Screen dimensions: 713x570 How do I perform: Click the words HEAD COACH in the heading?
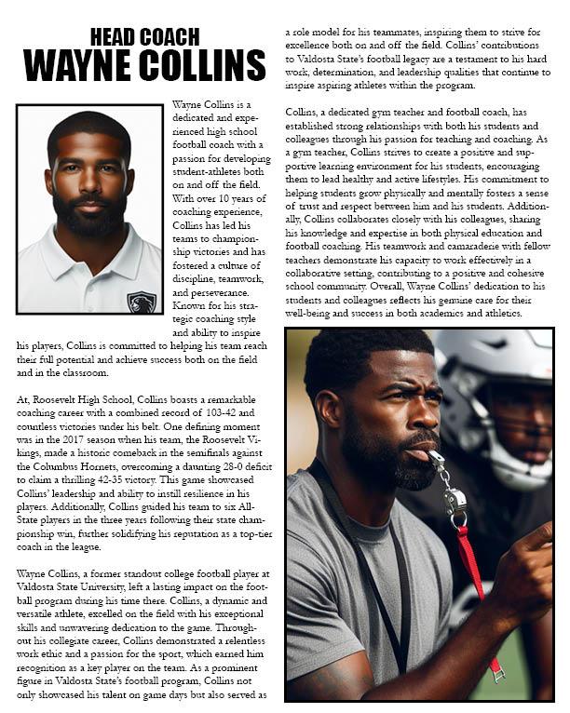144,37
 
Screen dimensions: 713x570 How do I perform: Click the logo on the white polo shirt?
142,303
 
